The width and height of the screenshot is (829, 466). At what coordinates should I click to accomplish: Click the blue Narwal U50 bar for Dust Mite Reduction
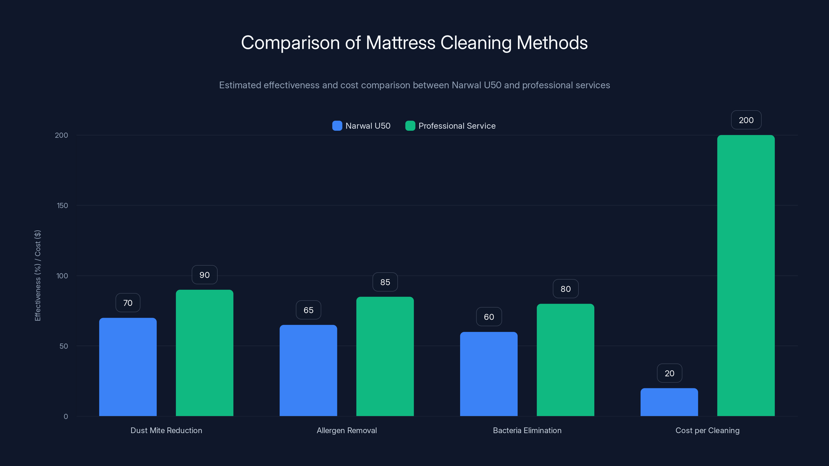pos(128,367)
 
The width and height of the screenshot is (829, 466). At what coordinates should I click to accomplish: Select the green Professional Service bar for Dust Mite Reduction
pos(204,353)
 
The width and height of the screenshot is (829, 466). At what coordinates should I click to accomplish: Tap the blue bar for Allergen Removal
pos(308,370)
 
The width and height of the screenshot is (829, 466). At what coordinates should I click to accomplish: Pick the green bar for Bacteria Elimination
pos(566,360)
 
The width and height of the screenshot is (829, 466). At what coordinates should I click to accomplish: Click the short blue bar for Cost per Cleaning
pos(669,402)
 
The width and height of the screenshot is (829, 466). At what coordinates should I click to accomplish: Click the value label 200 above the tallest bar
pos(746,120)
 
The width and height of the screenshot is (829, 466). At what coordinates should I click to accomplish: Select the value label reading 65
pos(308,310)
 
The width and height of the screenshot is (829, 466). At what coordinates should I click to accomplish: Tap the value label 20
pos(669,373)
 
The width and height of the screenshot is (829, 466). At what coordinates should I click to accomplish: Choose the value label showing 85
pos(385,282)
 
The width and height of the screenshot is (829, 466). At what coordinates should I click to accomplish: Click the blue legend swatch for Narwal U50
pos(337,126)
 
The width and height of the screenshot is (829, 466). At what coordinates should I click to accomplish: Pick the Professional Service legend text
pos(457,126)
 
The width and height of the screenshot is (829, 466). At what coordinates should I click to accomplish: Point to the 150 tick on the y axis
pos(62,206)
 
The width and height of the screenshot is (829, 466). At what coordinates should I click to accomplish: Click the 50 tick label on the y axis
pos(64,346)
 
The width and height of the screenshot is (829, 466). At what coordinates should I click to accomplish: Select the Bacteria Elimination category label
pos(527,430)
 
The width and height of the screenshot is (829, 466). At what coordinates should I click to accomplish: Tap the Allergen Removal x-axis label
pos(347,430)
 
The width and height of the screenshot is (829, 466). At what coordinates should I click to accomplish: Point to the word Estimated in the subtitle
pos(240,85)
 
